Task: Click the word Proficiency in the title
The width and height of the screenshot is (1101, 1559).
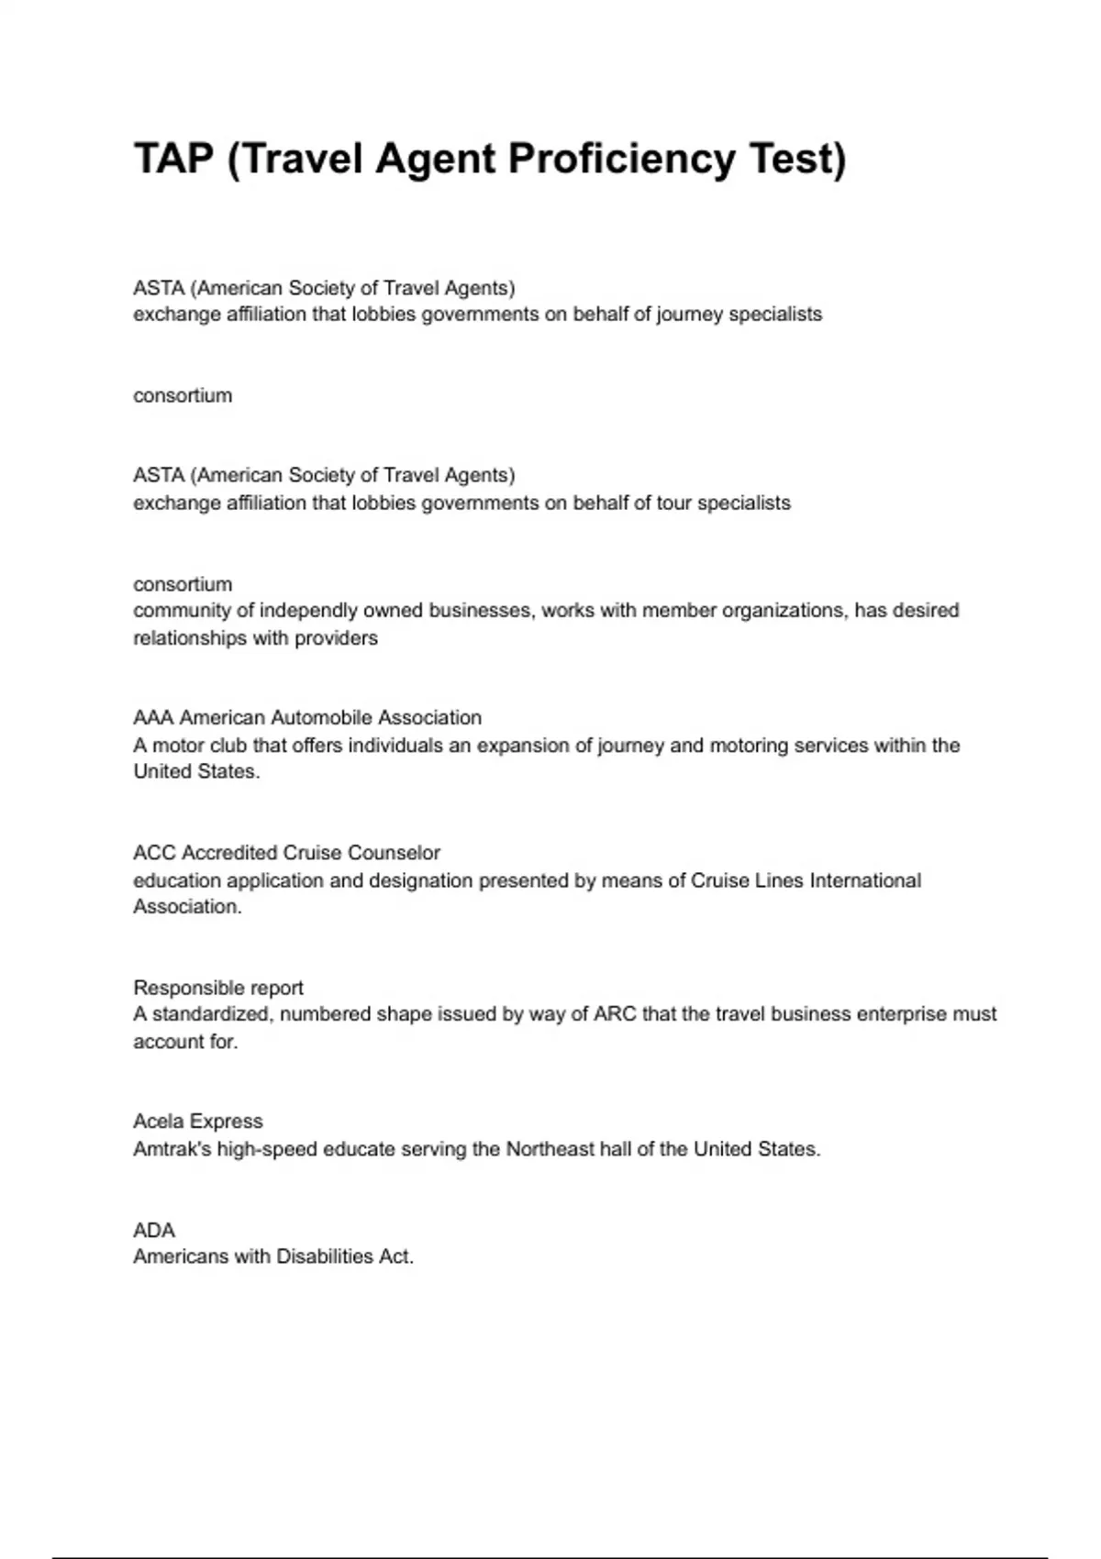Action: tap(620, 159)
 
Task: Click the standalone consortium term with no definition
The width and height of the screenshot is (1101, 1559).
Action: tap(183, 395)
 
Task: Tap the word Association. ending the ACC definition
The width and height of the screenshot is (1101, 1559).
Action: tap(187, 907)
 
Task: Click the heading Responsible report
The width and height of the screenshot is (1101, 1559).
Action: tap(218, 988)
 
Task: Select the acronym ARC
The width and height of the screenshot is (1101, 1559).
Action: tap(615, 1014)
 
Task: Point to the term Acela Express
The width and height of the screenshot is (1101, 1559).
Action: tap(198, 1121)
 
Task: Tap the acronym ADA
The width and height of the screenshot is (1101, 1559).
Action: tap(154, 1230)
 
